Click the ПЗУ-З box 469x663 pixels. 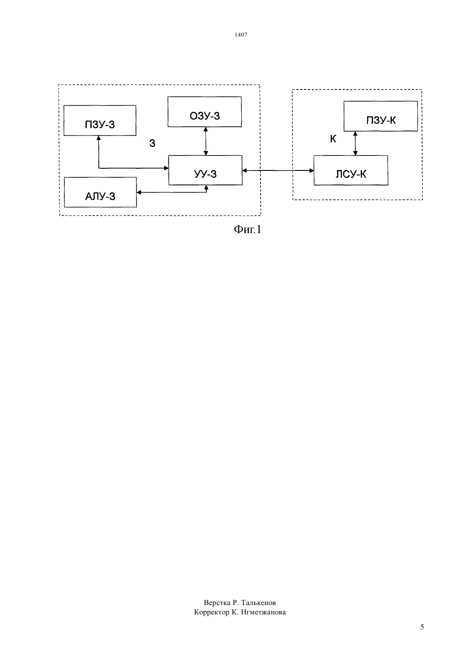(100, 121)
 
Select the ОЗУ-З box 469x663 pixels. (205, 112)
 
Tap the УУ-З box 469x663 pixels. (206, 170)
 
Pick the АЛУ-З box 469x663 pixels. (100, 192)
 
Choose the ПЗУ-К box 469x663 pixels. (381, 116)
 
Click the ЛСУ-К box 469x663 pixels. (351, 170)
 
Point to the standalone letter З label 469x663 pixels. (152, 144)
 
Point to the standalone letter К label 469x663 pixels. (333, 139)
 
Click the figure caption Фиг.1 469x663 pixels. (248, 229)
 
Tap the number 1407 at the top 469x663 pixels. (241, 35)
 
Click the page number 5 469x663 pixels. (422, 627)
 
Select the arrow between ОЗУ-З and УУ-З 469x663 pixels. (206, 141)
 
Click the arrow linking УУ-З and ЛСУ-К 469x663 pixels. (278, 170)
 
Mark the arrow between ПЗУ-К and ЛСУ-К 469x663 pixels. (355, 143)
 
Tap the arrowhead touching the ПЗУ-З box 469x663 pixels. (98, 138)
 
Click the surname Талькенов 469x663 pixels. (258, 602)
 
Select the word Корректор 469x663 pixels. (211, 612)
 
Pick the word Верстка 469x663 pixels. (217, 602)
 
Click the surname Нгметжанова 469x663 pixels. (263, 612)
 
